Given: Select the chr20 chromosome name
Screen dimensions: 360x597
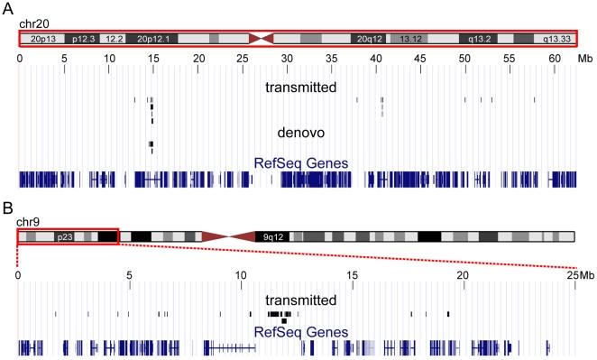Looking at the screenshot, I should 32,23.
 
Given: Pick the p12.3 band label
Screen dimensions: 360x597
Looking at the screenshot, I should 85,40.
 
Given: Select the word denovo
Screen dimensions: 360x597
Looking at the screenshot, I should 299,132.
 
